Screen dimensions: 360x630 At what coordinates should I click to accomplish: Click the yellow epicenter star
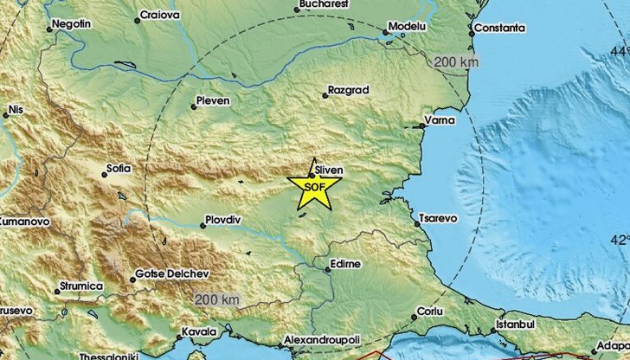(314, 188)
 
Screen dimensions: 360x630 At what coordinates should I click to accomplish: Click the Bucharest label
(324, 4)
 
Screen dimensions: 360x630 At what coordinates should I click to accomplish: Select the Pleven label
(214, 100)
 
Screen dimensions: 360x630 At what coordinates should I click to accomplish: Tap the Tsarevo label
(437, 220)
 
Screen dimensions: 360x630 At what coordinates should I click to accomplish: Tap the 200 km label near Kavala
(216, 299)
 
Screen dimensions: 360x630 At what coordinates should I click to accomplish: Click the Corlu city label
(429, 310)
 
